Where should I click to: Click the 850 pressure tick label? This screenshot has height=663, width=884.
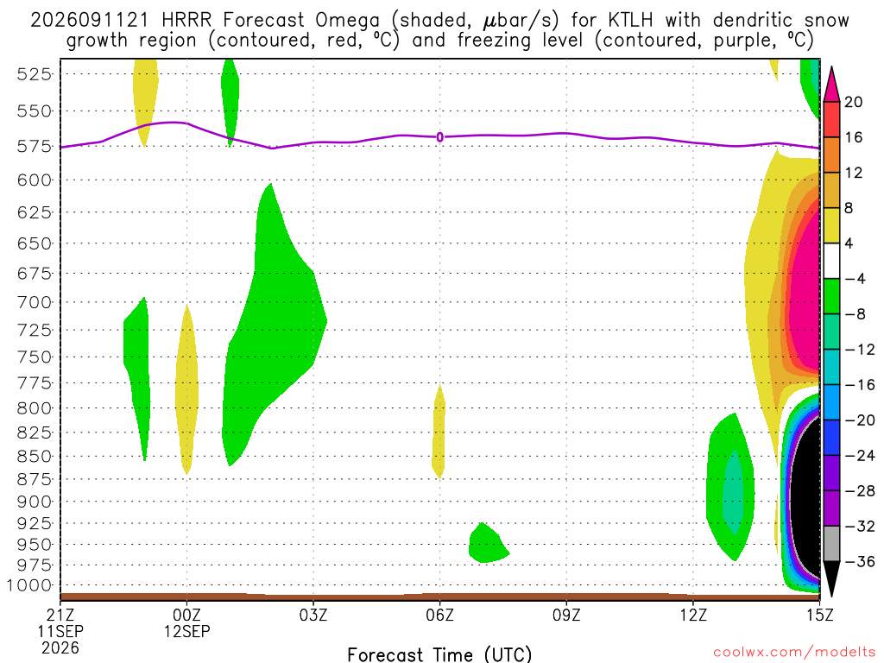click(34, 456)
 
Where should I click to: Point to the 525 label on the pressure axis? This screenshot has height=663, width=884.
click(34, 74)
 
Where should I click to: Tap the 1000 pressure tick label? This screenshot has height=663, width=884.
click(29, 585)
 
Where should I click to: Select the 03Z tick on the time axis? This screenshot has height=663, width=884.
click(313, 615)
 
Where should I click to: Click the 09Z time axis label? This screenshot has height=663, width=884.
click(566, 615)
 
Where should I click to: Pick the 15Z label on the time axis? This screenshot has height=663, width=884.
click(819, 615)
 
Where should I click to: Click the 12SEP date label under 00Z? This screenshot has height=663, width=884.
click(186, 631)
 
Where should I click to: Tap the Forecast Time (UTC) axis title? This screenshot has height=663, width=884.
click(439, 654)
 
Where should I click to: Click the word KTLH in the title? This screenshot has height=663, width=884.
click(630, 21)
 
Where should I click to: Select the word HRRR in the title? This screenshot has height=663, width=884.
click(186, 21)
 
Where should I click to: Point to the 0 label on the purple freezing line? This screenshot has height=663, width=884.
click(439, 137)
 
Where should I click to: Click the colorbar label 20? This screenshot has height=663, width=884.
click(853, 102)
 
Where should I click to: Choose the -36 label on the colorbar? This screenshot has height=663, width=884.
click(860, 561)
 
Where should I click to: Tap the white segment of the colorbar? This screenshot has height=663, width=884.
click(831, 261)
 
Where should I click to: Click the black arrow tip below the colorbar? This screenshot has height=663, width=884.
click(831, 597)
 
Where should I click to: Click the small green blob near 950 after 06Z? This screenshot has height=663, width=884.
click(489, 543)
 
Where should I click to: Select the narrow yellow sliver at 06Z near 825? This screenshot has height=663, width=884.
click(439, 432)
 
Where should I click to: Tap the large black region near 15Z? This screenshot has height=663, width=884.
click(805, 499)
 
